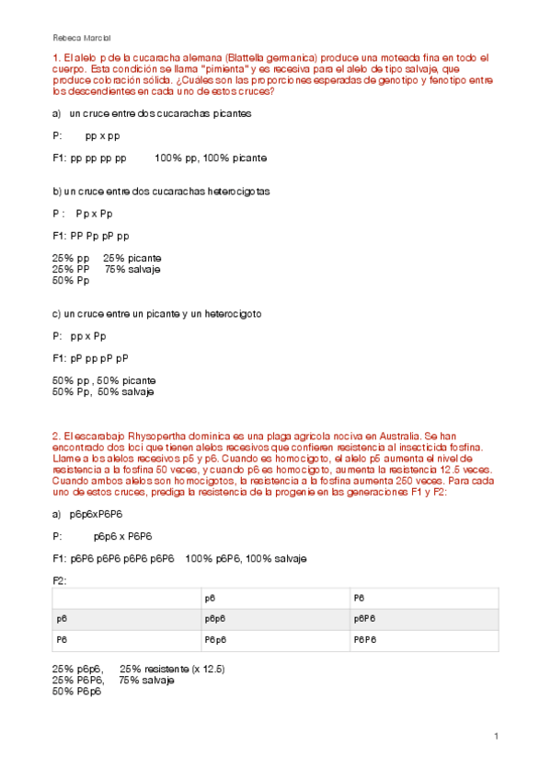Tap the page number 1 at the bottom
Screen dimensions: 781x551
(496, 736)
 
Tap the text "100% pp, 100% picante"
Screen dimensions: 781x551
(211, 158)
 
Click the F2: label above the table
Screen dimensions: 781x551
(61, 580)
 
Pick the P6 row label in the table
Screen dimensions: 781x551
(62, 638)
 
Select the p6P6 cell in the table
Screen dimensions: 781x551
(366, 618)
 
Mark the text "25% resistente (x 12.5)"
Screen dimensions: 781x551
(173, 669)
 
